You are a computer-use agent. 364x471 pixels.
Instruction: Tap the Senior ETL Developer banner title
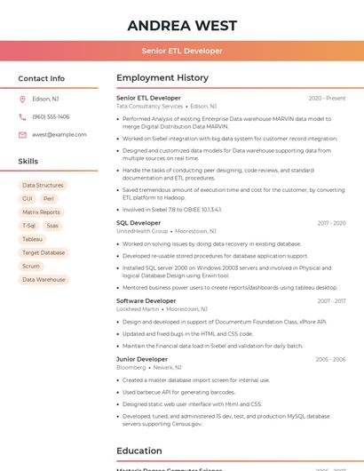pyautogui.click(x=182, y=51)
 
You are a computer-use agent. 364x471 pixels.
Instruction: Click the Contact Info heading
pyautogui.click(x=42, y=78)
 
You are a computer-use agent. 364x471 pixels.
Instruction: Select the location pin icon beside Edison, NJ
pyautogui.click(x=22, y=99)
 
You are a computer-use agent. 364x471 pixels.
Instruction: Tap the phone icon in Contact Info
pyautogui.click(x=22, y=116)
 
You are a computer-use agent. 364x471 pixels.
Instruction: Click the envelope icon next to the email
pyautogui.click(x=22, y=134)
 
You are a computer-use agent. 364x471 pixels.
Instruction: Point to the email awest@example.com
pyautogui.click(x=59, y=134)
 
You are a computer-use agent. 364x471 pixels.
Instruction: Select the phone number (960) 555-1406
pyautogui.click(x=51, y=116)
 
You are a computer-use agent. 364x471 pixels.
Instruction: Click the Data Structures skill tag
pyautogui.click(x=43, y=185)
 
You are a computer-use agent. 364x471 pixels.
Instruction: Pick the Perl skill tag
pyautogui.click(x=49, y=199)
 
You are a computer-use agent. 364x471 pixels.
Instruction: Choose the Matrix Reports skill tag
pyautogui.click(x=41, y=212)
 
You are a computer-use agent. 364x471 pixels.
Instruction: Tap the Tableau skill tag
pyautogui.click(x=32, y=239)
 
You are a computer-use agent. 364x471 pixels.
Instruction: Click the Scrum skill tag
pyautogui.click(x=31, y=266)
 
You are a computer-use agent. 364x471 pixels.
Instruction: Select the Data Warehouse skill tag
pyautogui.click(x=44, y=279)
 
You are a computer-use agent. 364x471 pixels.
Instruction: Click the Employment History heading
pyautogui.click(x=162, y=78)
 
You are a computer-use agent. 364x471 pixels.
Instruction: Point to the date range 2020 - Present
pyautogui.click(x=327, y=98)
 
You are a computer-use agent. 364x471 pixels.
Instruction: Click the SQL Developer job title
pyautogui.click(x=138, y=222)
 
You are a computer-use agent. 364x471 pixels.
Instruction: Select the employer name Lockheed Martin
pyautogui.click(x=138, y=308)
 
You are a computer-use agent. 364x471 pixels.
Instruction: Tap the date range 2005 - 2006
pyautogui.click(x=330, y=359)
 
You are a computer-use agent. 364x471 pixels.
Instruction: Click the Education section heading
pyautogui.click(x=139, y=451)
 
